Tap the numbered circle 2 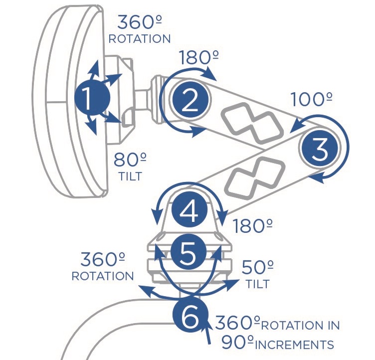pyautogui.click(x=189, y=101)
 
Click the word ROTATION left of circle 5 pyautogui.click(x=103, y=276)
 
